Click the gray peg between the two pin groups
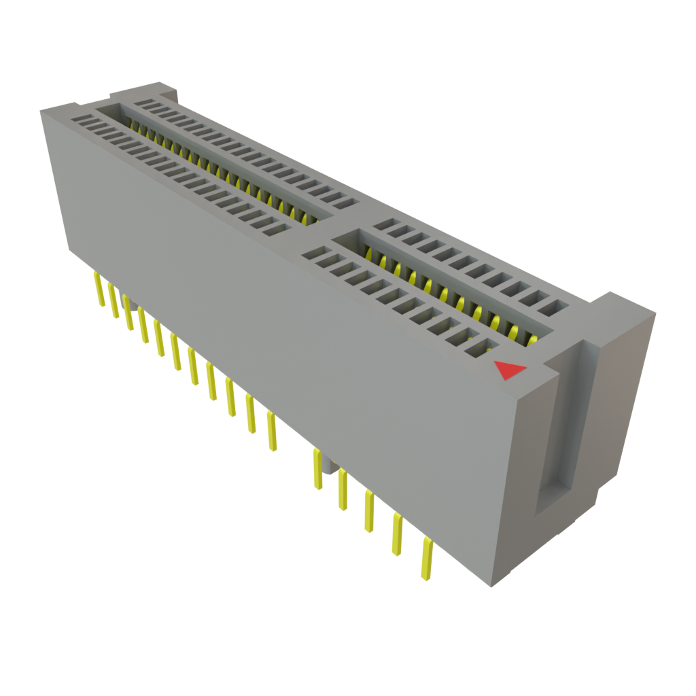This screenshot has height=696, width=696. [x=330, y=466]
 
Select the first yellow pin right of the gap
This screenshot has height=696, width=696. [x=317, y=469]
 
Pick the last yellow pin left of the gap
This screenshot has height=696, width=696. [x=272, y=431]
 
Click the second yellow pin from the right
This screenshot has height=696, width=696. [x=396, y=534]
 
